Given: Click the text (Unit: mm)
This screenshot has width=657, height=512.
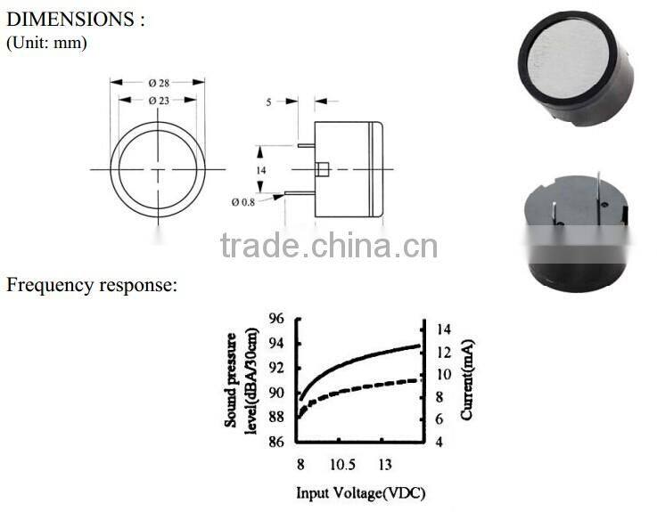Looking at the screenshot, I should (47, 42).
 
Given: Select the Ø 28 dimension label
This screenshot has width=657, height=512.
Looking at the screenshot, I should (159, 83).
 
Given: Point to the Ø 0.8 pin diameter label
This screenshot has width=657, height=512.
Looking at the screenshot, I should (244, 202).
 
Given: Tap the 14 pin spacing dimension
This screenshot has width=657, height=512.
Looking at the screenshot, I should (261, 169).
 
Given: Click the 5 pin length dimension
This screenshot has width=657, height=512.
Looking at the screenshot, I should (268, 102).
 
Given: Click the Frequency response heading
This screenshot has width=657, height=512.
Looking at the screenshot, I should (92, 285).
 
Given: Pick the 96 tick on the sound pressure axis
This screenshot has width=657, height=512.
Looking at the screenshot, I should (276, 319).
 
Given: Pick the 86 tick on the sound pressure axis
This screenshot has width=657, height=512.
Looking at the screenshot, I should (276, 442).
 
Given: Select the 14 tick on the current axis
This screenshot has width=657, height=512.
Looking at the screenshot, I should (443, 329).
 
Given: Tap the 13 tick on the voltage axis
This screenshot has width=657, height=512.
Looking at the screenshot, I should (385, 464).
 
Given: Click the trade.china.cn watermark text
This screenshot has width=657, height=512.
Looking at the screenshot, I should (329, 245).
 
